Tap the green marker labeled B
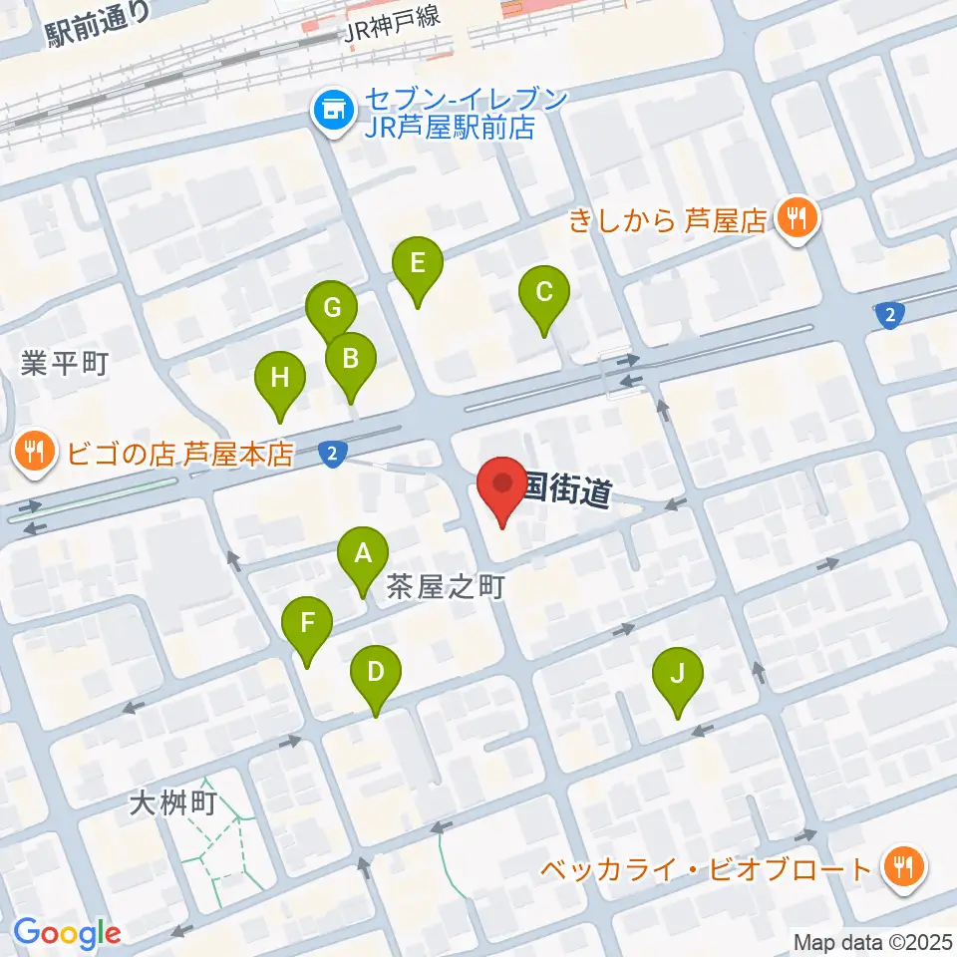(350, 358)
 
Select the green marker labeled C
(544, 293)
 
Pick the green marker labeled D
(375, 672)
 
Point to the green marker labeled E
(417, 264)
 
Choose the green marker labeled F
(307, 624)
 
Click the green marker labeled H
(280, 379)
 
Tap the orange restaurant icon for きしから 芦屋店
(797, 217)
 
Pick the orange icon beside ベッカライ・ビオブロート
(903, 868)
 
